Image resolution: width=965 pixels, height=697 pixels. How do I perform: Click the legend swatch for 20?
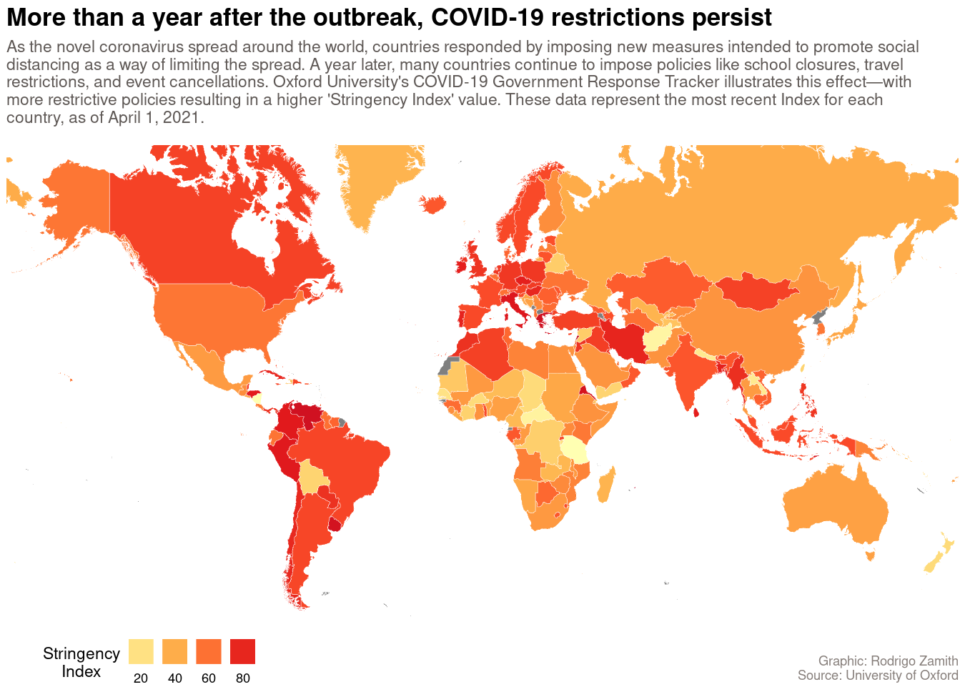(x=141, y=651)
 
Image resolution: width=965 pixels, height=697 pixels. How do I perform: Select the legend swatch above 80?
(x=243, y=651)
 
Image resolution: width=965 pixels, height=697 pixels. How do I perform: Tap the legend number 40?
(x=175, y=678)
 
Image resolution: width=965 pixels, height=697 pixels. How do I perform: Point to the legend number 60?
(x=209, y=678)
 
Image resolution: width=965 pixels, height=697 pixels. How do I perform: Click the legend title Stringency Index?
(x=81, y=662)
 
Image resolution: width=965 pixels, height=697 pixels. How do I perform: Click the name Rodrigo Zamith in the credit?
(x=914, y=661)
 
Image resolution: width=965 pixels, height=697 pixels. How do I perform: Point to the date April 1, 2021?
(x=154, y=117)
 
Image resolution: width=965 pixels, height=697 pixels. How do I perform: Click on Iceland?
(x=435, y=204)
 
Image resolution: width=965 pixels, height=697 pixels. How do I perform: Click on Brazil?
(x=343, y=465)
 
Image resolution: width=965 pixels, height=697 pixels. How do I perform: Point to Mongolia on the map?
(x=754, y=290)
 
